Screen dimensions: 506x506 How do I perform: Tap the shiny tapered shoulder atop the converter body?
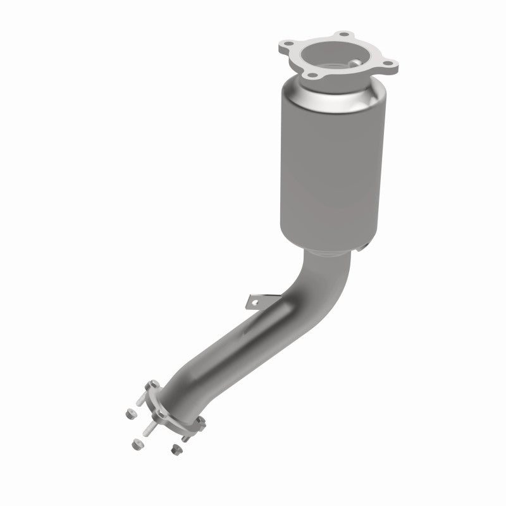(329, 95)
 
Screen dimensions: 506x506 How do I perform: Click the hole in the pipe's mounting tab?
(255, 302)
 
